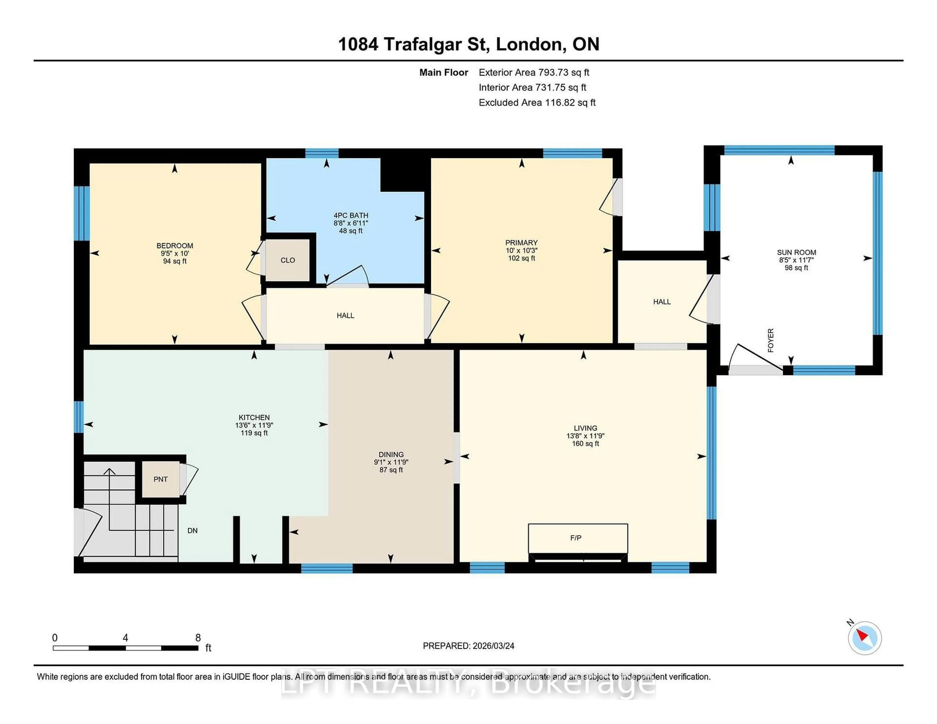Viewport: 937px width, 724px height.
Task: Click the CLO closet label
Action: point(287,260)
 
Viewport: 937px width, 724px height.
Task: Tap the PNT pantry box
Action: point(161,479)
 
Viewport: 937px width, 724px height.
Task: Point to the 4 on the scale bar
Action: point(125,638)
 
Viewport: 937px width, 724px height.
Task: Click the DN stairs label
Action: point(192,531)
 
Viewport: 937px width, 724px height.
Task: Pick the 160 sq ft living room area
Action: point(585,443)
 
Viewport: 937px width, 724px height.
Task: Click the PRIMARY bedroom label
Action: point(521,243)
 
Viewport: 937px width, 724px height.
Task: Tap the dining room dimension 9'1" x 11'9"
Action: point(391,462)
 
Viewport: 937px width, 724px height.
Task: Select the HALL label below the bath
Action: point(345,316)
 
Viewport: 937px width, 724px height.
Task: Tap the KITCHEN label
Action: point(254,417)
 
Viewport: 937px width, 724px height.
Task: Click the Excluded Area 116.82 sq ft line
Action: point(537,102)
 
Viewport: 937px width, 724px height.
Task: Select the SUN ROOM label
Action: point(796,253)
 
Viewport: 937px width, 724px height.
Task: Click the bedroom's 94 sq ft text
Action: point(175,261)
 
